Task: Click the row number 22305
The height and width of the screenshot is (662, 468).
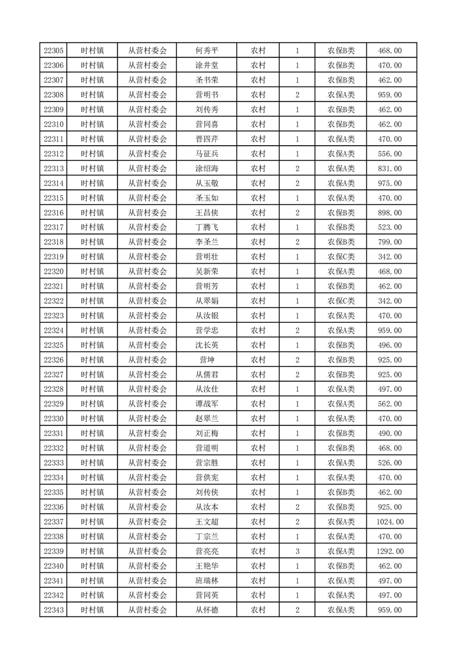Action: (x=54, y=51)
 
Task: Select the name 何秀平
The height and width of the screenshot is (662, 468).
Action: (x=207, y=51)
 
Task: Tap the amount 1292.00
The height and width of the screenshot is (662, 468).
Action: (x=390, y=551)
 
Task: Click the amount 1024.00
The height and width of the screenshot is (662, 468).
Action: (x=390, y=522)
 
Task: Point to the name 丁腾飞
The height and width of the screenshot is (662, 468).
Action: (x=207, y=227)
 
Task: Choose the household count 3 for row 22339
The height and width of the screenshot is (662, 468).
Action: (x=297, y=551)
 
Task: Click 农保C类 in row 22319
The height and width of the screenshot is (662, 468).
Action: (x=341, y=257)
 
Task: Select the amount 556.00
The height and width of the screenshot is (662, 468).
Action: (x=390, y=153)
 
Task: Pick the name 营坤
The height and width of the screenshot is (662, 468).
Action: (x=207, y=360)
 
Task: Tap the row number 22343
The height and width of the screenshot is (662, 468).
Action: (x=54, y=610)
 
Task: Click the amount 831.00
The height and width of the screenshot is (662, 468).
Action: (x=390, y=168)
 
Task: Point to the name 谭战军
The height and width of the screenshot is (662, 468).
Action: (x=207, y=404)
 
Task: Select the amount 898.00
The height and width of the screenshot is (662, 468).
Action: (x=390, y=212)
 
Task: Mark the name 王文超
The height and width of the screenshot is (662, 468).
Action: (x=207, y=522)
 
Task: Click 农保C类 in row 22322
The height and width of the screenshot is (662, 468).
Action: (x=341, y=301)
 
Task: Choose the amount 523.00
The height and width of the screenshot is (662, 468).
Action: (x=390, y=227)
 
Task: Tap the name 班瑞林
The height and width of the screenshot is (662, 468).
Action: (x=207, y=581)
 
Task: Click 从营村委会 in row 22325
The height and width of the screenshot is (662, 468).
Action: (x=148, y=345)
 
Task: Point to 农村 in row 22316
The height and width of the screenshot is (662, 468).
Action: (x=258, y=212)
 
